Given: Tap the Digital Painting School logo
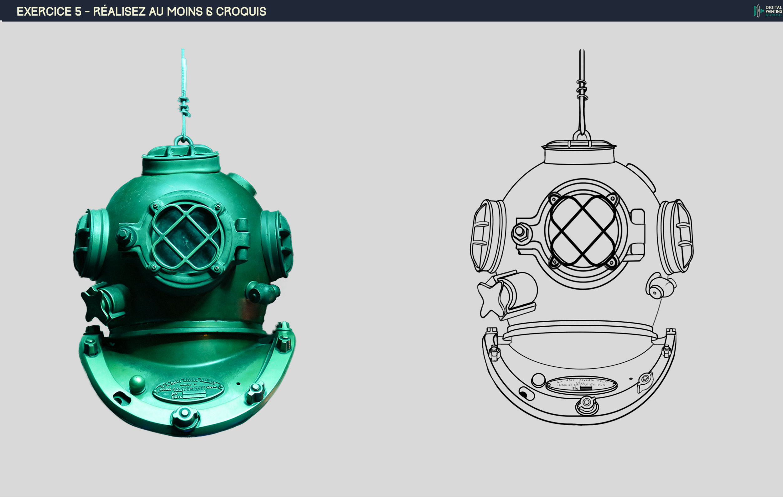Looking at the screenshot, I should [768, 11].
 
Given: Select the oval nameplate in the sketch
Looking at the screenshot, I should [581, 385].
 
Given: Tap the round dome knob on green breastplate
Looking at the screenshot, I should [137, 383].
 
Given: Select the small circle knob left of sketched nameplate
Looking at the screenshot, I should [538, 380].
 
